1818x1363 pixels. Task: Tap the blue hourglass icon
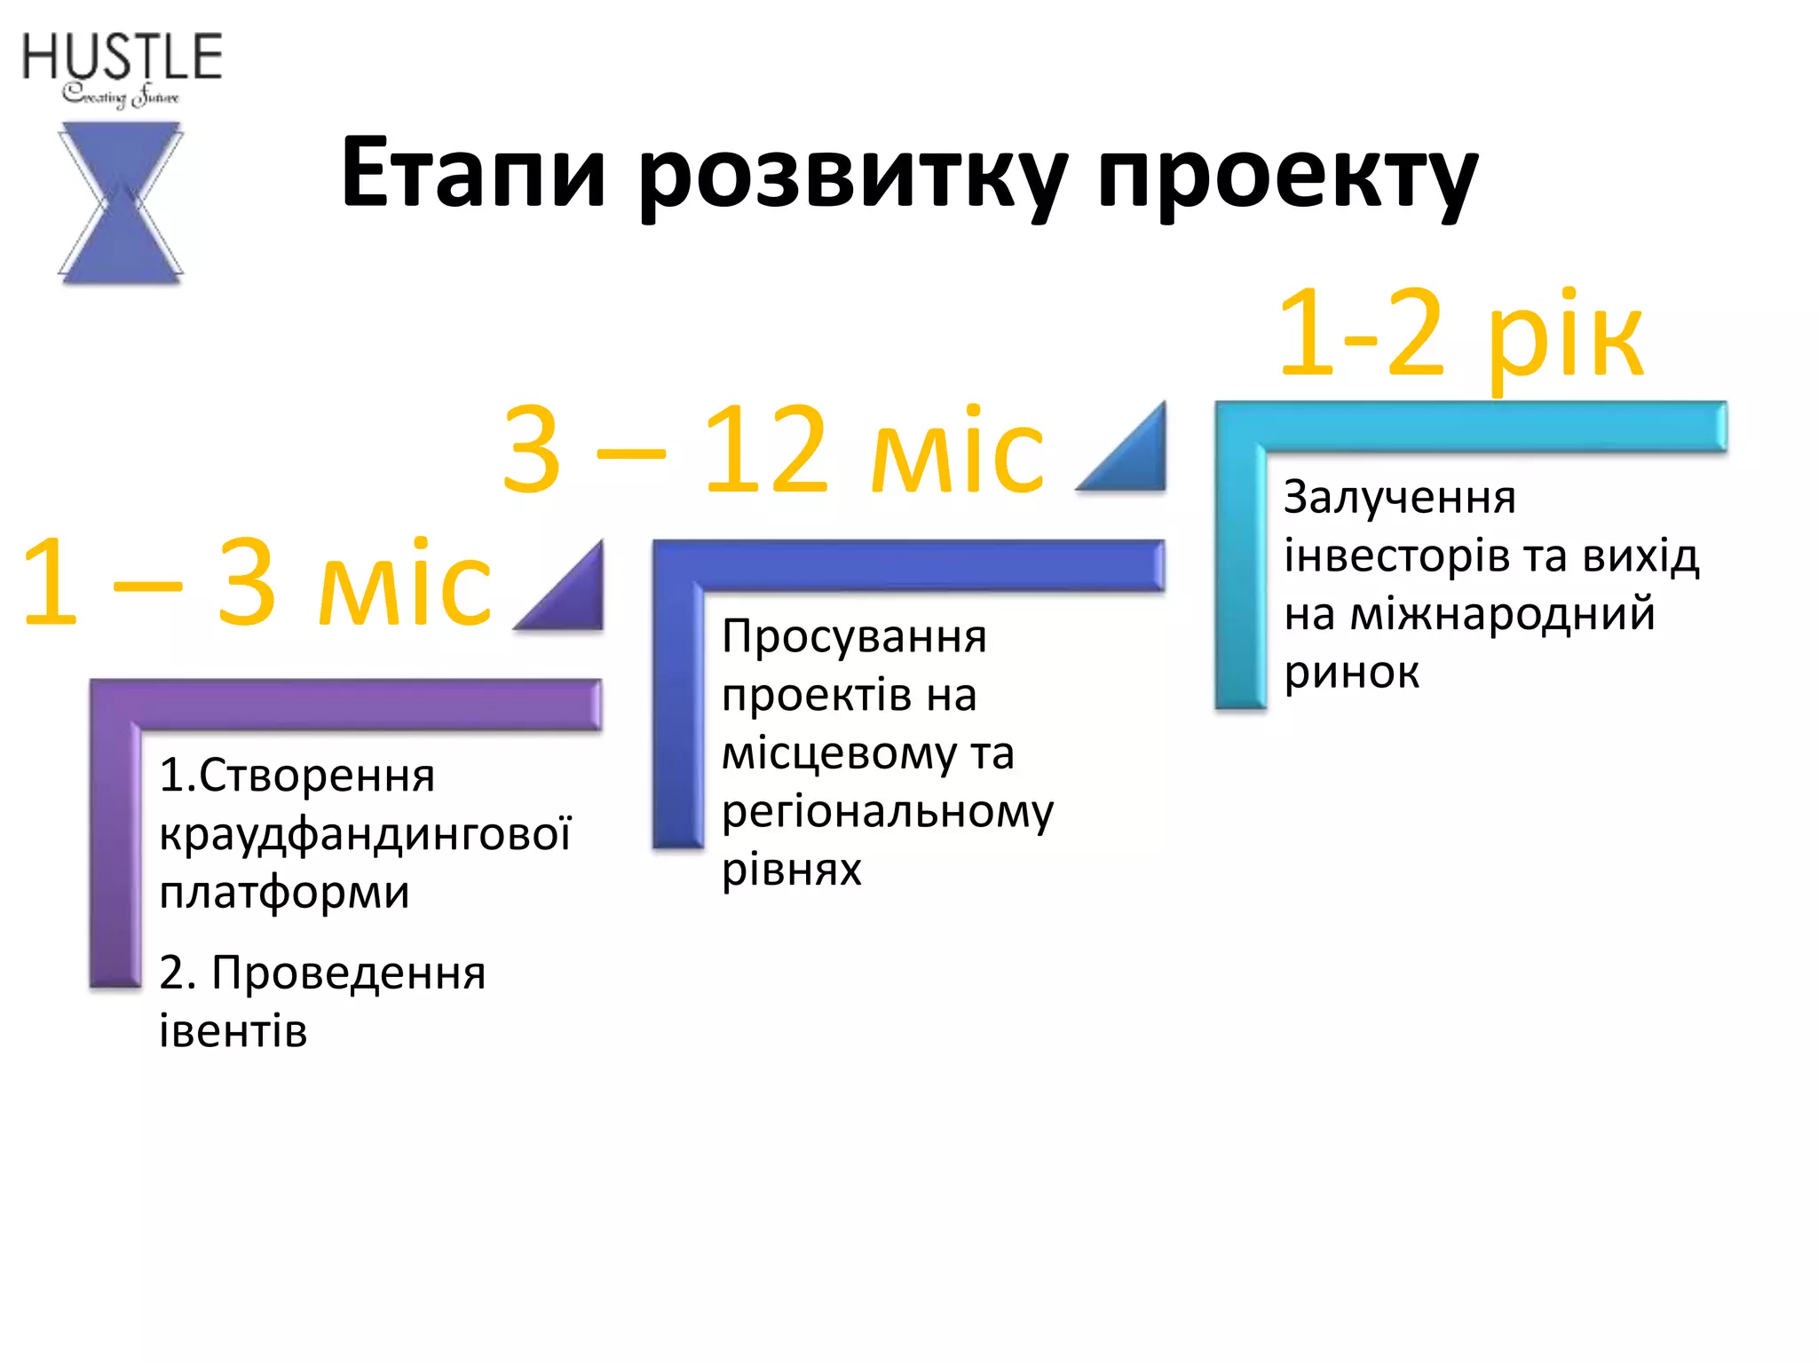point(121,203)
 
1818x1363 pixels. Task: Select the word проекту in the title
point(1287,176)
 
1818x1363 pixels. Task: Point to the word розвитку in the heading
point(852,176)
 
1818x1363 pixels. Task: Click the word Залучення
point(1400,498)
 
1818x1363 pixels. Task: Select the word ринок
point(1351,672)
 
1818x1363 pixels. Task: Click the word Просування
point(854,637)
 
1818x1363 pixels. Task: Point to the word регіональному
point(888,812)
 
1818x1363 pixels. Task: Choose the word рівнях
point(791,870)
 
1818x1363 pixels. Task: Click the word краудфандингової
point(365,834)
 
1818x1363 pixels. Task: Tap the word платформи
point(284,893)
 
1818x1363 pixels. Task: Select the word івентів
point(233,1031)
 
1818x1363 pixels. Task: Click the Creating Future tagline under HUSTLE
point(121,95)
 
